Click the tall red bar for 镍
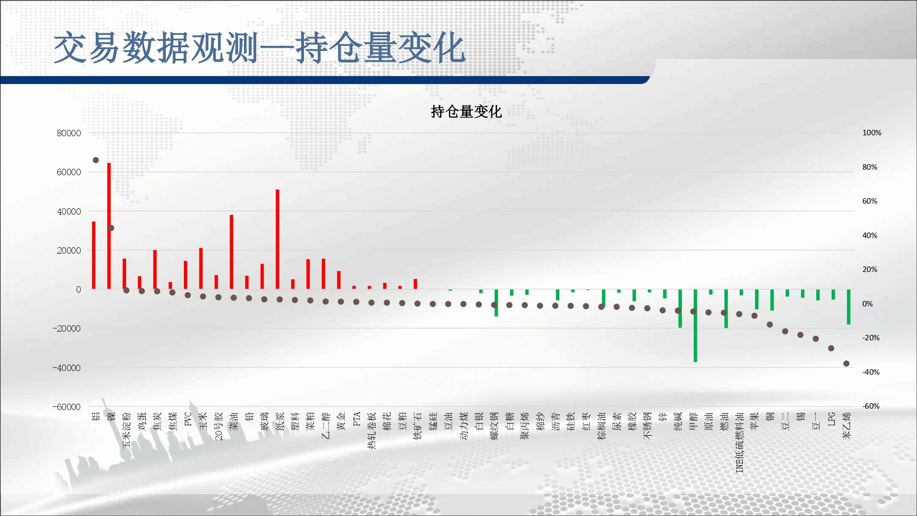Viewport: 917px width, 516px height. click(x=109, y=226)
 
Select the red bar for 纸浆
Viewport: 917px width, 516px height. click(x=277, y=239)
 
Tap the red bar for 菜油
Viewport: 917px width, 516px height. click(x=232, y=252)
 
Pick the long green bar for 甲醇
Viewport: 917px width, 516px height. click(x=696, y=326)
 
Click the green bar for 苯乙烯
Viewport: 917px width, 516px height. click(x=849, y=307)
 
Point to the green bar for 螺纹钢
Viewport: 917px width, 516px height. click(x=496, y=303)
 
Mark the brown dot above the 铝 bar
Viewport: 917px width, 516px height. click(x=96, y=160)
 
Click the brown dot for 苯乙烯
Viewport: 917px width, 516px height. click(x=846, y=363)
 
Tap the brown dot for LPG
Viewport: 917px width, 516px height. click(x=831, y=348)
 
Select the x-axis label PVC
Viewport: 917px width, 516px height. click(x=188, y=419)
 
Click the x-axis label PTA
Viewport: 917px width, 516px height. click(x=357, y=419)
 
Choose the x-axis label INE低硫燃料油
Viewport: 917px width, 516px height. click(x=740, y=442)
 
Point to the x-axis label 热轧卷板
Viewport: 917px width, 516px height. click(x=372, y=430)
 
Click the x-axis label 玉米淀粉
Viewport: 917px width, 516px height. click(x=127, y=430)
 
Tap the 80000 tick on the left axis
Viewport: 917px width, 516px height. click(x=69, y=133)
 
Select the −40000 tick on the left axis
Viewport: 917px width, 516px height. click(x=66, y=368)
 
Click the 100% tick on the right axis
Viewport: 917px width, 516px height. click(x=872, y=133)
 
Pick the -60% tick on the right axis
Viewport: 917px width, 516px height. click(x=871, y=406)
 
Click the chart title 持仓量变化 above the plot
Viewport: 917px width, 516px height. click(x=466, y=111)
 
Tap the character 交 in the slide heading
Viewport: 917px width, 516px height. click(x=71, y=48)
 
